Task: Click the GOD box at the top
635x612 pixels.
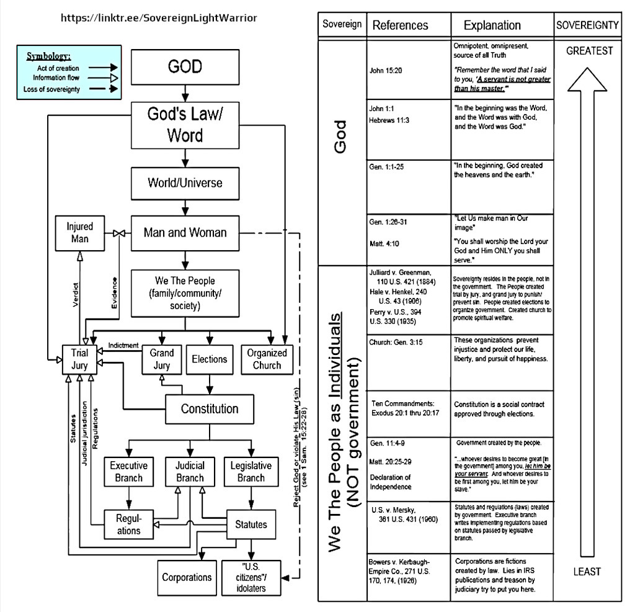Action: pyautogui.click(x=185, y=67)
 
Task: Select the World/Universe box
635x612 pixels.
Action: pyautogui.click(x=185, y=183)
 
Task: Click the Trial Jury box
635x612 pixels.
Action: pyautogui.click(x=79, y=359)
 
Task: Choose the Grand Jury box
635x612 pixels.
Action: pyautogui.click(x=162, y=359)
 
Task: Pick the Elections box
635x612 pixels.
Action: pyautogui.click(x=210, y=359)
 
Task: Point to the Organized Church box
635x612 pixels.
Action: pyautogui.click(x=267, y=359)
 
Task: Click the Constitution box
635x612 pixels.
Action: pyautogui.click(x=210, y=409)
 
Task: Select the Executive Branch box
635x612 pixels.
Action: pyautogui.click(x=128, y=472)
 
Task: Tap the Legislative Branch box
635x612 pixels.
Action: pyautogui.click(x=251, y=472)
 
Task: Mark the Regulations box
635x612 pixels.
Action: pyautogui.click(x=128, y=524)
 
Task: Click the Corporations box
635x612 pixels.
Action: pyautogui.click(x=187, y=577)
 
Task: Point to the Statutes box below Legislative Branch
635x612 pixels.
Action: pyautogui.click(x=251, y=524)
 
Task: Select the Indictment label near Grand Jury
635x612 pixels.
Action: pyautogui.click(x=123, y=345)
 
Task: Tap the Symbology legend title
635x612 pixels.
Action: pyautogui.click(x=48, y=56)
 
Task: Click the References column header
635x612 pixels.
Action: pyautogui.click(x=400, y=25)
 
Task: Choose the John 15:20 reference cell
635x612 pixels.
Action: pyautogui.click(x=386, y=71)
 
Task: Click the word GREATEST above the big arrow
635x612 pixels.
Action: pyautogui.click(x=589, y=52)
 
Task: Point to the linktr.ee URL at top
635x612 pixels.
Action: pyautogui.click(x=159, y=17)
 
